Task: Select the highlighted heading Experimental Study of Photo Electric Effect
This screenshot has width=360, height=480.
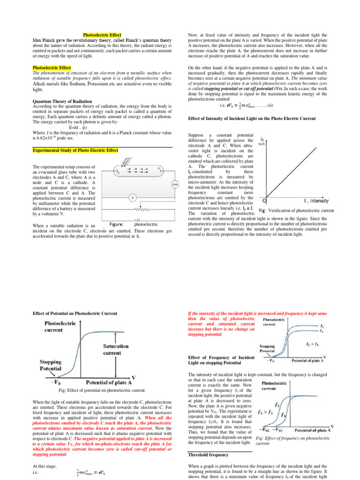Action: [75, 150]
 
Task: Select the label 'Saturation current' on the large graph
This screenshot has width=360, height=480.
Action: [116, 349]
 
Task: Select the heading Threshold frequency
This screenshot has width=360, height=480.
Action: [209, 455]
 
